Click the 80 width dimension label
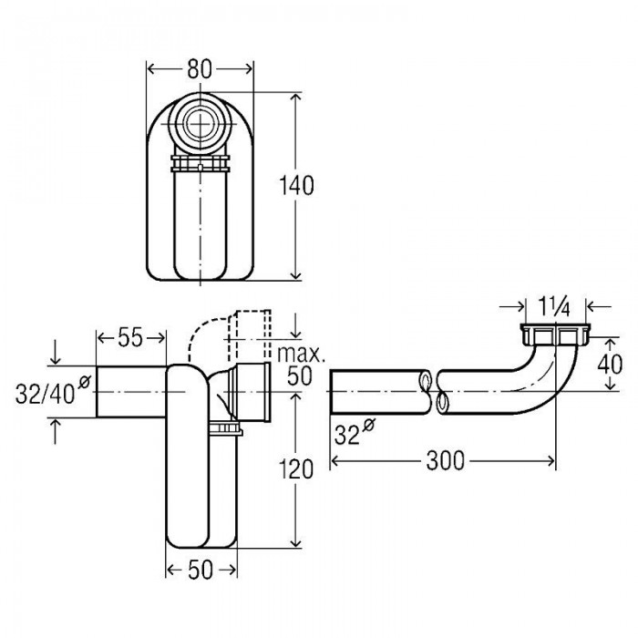(x=200, y=69)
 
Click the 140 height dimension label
(x=296, y=186)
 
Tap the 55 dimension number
(x=131, y=337)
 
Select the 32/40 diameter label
(x=52, y=391)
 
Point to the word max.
(x=301, y=354)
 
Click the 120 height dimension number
(x=296, y=469)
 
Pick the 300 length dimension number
(x=445, y=461)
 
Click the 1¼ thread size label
(x=554, y=307)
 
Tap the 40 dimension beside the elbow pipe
(x=610, y=365)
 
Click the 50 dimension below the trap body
(x=201, y=570)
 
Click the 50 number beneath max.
(x=300, y=376)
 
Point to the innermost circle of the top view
(x=200, y=122)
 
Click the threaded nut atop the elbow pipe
(x=555, y=334)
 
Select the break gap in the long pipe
(x=433, y=391)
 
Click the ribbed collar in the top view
(x=201, y=163)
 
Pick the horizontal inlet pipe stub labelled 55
(x=131, y=391)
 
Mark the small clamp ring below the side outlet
(x=226, y=429)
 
